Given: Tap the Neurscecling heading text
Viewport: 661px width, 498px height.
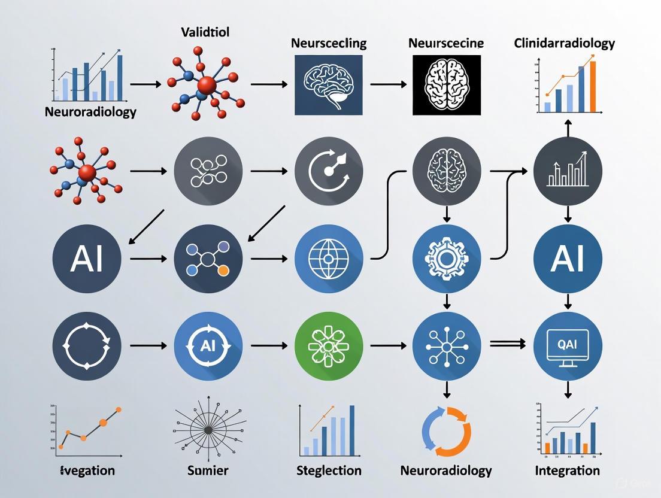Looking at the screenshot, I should [329, 43].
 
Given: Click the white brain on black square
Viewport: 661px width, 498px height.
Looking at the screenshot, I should [447, 84].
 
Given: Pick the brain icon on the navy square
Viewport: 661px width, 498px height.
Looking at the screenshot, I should [329, 84].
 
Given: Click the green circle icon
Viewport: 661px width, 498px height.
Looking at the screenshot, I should [329, 346].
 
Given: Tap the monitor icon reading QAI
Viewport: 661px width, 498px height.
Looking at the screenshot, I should [567, 346].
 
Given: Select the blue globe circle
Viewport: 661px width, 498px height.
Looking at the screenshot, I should [329, 259].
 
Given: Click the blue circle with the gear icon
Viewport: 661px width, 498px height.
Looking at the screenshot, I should [447, 259].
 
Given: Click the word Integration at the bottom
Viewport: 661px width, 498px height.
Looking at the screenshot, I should [567, 470].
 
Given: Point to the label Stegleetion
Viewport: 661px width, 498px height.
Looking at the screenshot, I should [329, 470].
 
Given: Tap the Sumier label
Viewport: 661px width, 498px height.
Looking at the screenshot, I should [208, 470].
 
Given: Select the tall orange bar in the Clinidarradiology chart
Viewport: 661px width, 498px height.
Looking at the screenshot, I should [593, 86].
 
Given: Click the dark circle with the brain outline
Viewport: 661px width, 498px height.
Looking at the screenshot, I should [447, 171].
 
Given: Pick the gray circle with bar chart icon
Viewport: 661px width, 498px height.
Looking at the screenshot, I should [567, 171].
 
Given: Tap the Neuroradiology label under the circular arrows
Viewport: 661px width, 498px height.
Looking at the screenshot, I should [447, 470].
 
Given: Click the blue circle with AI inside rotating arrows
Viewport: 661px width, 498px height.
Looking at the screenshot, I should [208, 346].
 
